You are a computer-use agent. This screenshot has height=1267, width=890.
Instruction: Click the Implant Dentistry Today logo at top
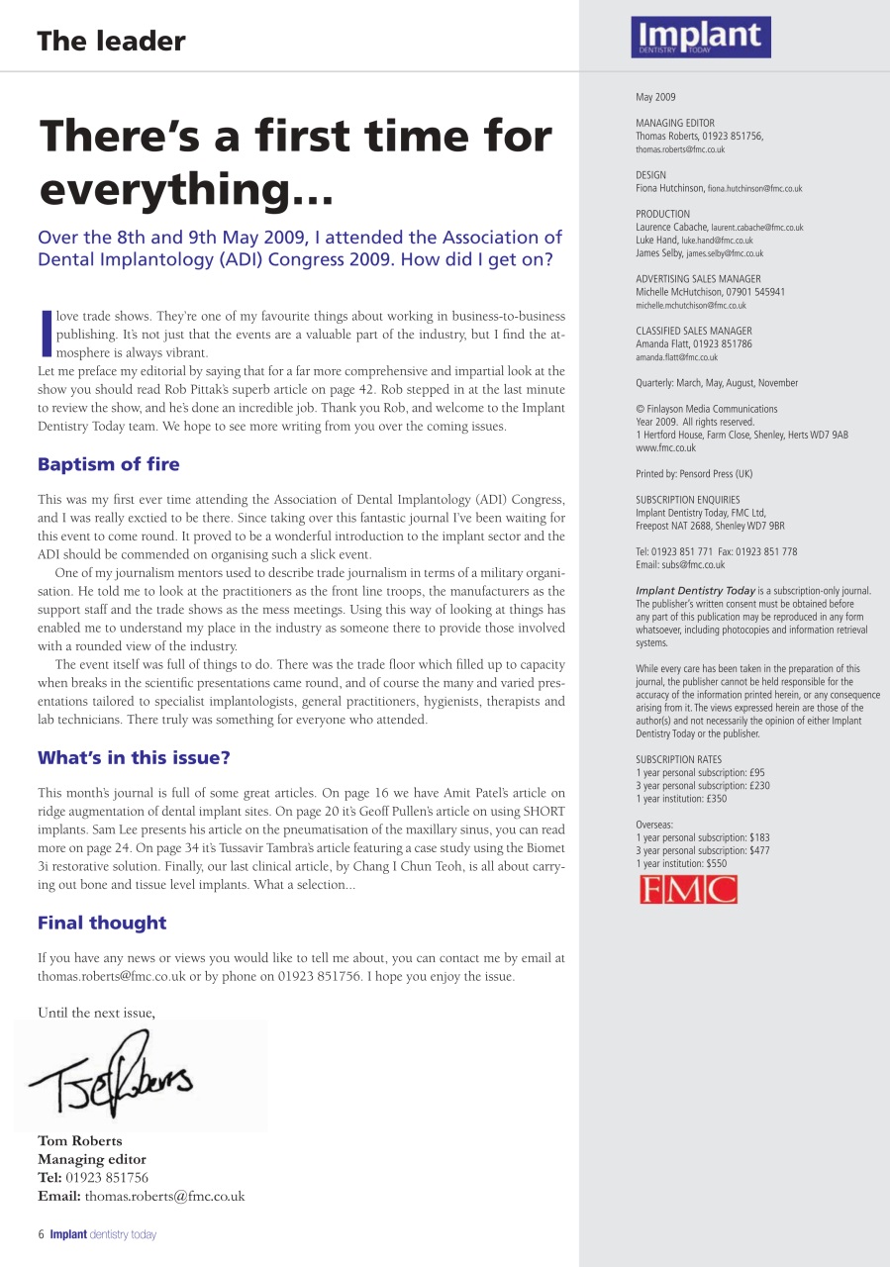click(x=700, y=38)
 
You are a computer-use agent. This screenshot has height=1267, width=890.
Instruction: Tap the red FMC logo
click(x=688, y=890)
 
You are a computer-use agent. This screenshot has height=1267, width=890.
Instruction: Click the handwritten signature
click(x=111, y=1072)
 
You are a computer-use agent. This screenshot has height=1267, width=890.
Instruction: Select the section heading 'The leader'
click(x=111, y=42)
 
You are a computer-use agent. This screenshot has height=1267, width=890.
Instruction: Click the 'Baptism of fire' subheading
click(x=109, y=464)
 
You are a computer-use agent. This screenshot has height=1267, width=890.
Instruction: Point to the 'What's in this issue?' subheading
click(x=134, y=758)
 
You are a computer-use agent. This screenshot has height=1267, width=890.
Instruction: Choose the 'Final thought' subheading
click(x=102, y=923)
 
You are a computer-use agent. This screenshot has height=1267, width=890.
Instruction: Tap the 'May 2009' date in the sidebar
click(x=655, y=97)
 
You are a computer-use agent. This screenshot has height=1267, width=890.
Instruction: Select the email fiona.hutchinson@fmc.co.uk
click(x=754, y=188)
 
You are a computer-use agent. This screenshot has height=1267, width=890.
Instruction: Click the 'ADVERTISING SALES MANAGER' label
click(x=698, y=279)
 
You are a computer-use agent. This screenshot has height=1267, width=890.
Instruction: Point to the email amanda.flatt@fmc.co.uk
click(x=676, y=357)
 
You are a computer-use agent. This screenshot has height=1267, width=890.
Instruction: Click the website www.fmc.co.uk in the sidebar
click(x=665, y=448)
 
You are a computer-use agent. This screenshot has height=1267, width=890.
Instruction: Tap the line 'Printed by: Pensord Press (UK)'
click(x=694, y=474)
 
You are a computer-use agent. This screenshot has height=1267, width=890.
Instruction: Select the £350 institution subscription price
click(x=716, y=799)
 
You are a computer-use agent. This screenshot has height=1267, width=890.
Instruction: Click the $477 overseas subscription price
click(x=759, y=850)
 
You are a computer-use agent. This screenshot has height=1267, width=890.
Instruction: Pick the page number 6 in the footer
click(x=41, y=1234)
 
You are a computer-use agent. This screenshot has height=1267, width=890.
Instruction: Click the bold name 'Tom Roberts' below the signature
click(x=80, y=1141)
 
